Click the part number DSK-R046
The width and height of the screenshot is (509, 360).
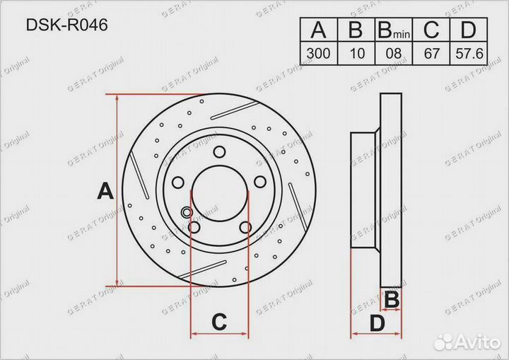pyautogui.click(x=66, y=25)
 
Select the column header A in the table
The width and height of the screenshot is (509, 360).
pyautogui.click(x=318, y=30)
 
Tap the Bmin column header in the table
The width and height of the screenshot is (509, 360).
pyautogui.click(x=394, y=30)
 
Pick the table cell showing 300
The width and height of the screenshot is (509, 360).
pyautogui.click(x=318, y=53)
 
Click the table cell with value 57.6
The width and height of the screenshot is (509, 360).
pyautogui.click(x=469, y=53)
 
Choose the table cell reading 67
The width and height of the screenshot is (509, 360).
pyautogui.click(x=431, y=53)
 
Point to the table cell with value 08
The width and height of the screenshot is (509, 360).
pyautogui.click(x=394, y=53)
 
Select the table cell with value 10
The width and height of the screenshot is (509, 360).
pyautogui.click(x=356, y=53)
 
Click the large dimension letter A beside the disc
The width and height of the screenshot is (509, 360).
pyautogui.click(x=105, y=191)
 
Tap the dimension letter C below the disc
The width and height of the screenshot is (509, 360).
pyautogui.click(x=219, y=322)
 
